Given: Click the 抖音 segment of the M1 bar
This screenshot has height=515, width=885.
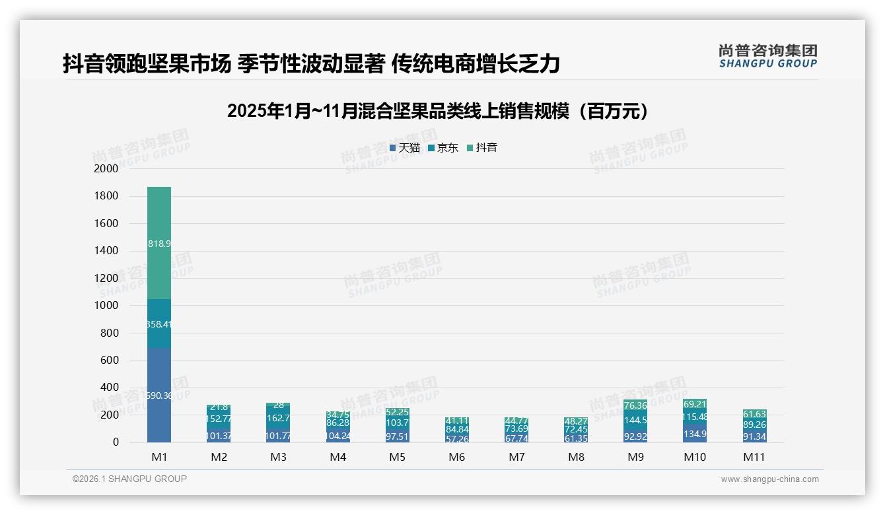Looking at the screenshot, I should point(159,243).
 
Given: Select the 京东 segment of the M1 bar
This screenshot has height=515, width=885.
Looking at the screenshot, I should point(159,324).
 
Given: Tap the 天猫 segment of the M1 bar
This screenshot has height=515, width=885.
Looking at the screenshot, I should point(159,395).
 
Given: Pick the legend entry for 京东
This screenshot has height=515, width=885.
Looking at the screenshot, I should point(443,148).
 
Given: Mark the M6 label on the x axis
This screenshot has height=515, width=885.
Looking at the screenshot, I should point(456,457).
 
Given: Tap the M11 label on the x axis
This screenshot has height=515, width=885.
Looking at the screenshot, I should point(754,457).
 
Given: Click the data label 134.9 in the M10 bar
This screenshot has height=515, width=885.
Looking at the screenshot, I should point(695,434).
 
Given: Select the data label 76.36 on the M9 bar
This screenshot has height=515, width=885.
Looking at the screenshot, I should point(635,405).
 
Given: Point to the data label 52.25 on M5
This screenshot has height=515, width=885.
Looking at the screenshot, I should point(397,412).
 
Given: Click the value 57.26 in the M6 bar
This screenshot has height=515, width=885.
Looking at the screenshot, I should point(456,438).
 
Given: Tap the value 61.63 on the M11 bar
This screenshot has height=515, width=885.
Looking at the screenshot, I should point(754,414).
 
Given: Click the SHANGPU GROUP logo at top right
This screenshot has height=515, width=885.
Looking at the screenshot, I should point(767,56).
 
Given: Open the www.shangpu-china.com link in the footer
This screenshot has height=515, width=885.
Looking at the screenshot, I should point(769,479).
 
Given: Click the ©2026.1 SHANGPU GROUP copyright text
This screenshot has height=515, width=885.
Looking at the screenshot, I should point(129,479).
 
